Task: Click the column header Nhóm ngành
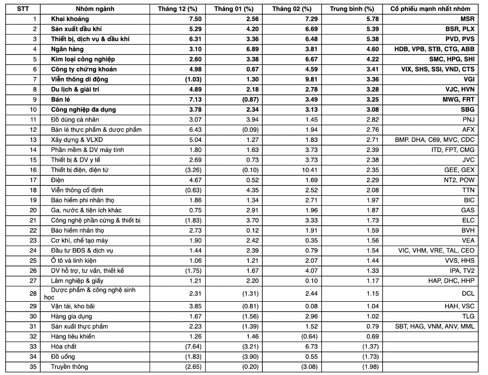95,9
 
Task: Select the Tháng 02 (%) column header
292,9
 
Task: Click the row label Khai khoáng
70,19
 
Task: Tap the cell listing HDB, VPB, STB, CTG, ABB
434,49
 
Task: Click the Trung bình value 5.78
372,19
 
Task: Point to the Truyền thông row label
70,367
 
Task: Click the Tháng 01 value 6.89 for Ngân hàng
248,49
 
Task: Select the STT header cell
23,9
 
